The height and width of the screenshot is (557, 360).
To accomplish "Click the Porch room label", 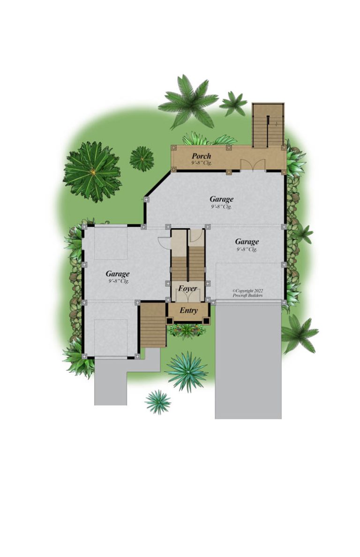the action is coord(201,156).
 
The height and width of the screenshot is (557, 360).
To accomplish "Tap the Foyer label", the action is coord(187,288).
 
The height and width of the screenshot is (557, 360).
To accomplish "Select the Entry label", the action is coord(188,310).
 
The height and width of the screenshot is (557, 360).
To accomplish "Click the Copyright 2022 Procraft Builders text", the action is coord(248,293).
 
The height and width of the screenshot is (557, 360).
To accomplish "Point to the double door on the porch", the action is coord(253,165).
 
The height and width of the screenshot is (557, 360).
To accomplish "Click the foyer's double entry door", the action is coord(188,296).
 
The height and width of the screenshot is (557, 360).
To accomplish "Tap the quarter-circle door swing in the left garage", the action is coord(163,242).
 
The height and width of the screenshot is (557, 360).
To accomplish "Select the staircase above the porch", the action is coord(268,125).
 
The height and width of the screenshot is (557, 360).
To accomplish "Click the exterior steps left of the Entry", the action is coord(153,325).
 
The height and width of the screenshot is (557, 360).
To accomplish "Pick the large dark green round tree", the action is coord(92,172).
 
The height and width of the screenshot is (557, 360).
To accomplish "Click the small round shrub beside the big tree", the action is coord(142,159).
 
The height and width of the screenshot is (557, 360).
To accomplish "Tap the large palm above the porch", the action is coord(188,102).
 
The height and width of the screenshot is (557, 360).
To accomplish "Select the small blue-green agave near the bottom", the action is coord(158,402).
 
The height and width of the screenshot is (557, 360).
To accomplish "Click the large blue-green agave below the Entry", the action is coord(187,371).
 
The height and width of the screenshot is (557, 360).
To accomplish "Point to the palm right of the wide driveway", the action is coord(299,334).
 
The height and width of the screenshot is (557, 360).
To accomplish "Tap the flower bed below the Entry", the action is coord(187,331).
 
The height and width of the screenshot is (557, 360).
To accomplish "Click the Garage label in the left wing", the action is coord(118,274).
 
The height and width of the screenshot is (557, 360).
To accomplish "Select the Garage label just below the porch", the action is coord(222,199).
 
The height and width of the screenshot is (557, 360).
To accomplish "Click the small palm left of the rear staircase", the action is coord(233,103).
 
